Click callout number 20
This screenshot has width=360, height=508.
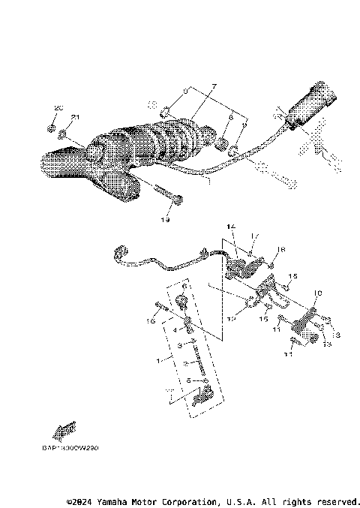click(56, 109)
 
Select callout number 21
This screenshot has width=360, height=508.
click(75, 117)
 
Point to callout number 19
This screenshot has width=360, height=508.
click(164, 220)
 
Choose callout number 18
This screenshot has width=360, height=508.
click(282, 249)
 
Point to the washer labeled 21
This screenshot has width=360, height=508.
click(63, 136)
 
